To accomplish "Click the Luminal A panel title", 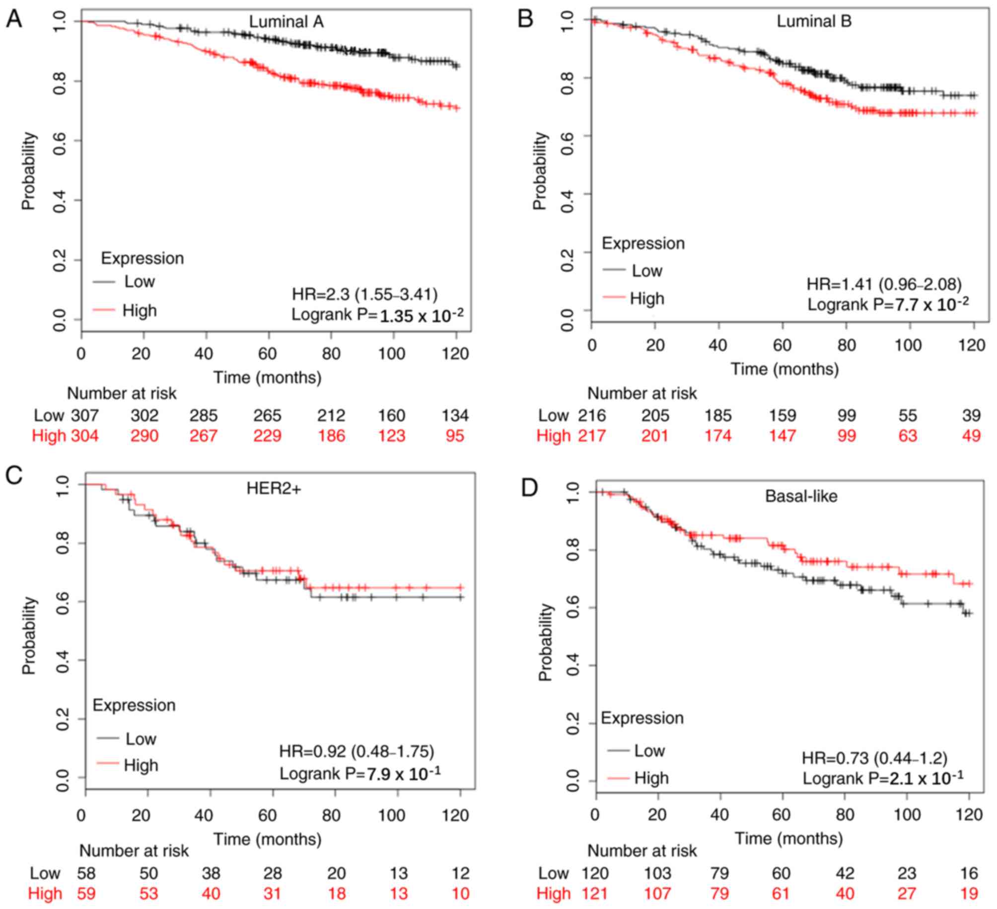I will coord(286,22).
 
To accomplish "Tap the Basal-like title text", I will coord(801,496).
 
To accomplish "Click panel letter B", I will coord(525,19).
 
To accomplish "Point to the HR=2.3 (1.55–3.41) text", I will coord(364,295).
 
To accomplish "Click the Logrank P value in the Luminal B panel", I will coord(888,304).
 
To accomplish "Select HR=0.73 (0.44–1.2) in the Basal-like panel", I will coord(874,758).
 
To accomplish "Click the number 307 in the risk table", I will coord(84,415).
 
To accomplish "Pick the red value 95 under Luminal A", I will coord(455,436).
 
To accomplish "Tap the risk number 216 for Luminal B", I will coord(592,415).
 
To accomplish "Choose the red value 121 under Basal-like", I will coord(595,893).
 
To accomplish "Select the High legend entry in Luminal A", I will coord(140,310).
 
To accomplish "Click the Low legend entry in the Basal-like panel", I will coord(649,750).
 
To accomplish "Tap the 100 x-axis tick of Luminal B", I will coord(908,345).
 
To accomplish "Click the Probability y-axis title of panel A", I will coord(29,170).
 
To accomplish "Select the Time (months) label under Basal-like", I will coord(788,838).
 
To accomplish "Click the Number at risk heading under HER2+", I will coord(134,851).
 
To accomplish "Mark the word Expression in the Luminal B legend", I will coord(643,243).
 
